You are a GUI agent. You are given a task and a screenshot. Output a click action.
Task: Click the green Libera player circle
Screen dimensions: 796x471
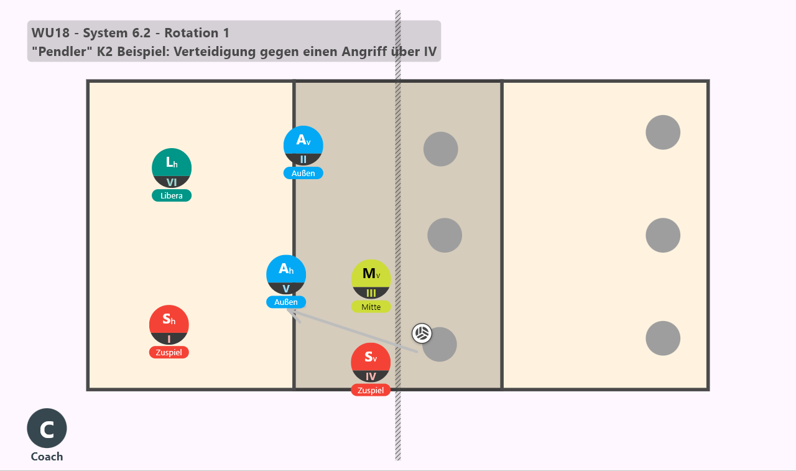point(172,168)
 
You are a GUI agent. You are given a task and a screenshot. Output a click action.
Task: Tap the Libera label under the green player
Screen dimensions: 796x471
point(172,195)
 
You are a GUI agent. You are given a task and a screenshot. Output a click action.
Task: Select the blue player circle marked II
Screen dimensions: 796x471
point(303,146)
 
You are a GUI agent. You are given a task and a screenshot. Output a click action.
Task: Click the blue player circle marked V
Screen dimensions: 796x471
point(286,275)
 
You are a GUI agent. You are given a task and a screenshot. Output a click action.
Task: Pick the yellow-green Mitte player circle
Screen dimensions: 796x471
point(371,279)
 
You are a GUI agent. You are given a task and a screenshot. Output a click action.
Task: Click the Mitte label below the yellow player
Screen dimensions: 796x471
point(371,307)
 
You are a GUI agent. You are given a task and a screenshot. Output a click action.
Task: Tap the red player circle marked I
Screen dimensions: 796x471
point(169,325)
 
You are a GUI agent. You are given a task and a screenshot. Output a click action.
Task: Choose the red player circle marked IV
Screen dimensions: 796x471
point(371,363)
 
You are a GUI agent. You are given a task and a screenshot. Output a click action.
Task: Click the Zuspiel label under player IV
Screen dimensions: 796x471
point(371,390)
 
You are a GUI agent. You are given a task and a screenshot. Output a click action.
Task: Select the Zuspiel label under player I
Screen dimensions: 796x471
point(169,352)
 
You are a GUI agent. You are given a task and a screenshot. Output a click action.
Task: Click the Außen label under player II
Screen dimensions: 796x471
point(303,173)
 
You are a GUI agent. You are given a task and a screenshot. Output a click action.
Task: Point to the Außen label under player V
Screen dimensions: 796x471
point(286,302)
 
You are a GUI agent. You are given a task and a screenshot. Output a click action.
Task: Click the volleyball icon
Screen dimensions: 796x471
point(422,333)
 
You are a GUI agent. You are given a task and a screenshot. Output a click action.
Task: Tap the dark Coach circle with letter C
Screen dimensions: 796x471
point(47,428)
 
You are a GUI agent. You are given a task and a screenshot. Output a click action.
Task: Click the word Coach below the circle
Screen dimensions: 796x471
point(47,457)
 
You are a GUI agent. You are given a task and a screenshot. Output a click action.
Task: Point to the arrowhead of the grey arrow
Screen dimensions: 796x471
point(289,310)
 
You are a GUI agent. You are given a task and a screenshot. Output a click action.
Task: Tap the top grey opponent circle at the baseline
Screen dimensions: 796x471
point(663,133)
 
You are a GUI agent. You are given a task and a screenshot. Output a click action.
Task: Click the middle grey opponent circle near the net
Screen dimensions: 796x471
point(445,235)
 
